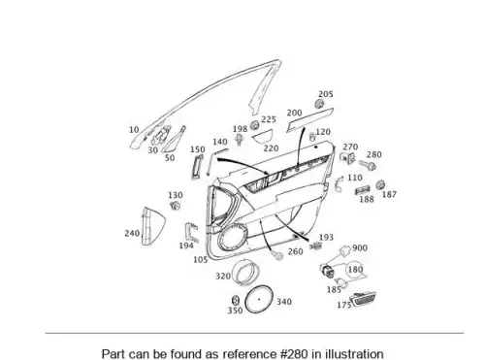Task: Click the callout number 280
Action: pyautogui.click(x=374, y=154)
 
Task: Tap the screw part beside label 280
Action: pyautogui.click(x=368, y=165)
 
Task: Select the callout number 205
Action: pyautogui.click(x=326, y=94)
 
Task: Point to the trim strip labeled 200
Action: pyautogui.click(x=309, y=120)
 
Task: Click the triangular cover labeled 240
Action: pyautogui.click(x=153, y=226)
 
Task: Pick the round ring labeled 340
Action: pyautogui.click(x=259, y=299)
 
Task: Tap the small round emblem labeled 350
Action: pyautogui.click(x=236, y=300)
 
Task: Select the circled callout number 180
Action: pyautogui.click(x=355, y=270)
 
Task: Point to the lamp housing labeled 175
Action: pyautogui.click(x=363, y=299)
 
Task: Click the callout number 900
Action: pyautogui.click(x=360, y=248)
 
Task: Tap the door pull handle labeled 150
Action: pyautogui.click(x=197, y=167)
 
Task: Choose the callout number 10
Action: pyautogui.click(x=134, y=130)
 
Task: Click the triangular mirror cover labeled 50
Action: pyautogui.click(x=174, y=140)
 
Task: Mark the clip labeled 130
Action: pyautogui.click(x=175, y=205)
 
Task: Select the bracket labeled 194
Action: pyautogui.click(x=191, y=232)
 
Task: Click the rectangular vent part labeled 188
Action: pyautogui.click(x=363, y=190)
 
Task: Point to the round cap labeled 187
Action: pyautogui.click(x=380, y=184)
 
